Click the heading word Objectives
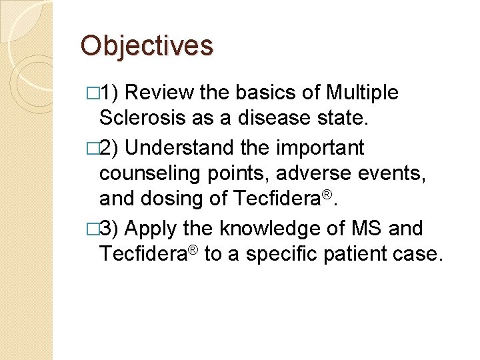[x=147, y=46]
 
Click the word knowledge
[x=279, y=229]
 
